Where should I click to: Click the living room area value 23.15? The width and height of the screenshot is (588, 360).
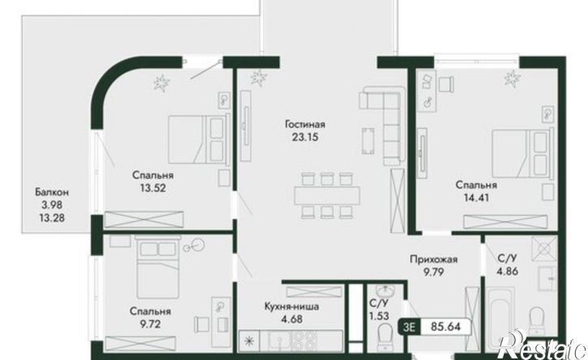(305, 137)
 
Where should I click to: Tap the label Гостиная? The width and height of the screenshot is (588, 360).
(305, 125)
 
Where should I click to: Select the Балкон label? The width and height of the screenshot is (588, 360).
(52, 192)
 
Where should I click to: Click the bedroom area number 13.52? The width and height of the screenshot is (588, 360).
(152, 188)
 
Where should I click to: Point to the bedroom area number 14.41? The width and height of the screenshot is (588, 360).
(476, 198)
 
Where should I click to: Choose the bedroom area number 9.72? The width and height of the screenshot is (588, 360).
(150, 324)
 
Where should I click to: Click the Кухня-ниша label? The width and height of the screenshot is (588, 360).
(292, 306)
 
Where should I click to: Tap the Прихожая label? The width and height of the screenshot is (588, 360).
(434, 259)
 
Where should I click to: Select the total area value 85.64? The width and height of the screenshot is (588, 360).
(445, 327)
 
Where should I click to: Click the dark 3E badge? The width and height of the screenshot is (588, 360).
(410, 327)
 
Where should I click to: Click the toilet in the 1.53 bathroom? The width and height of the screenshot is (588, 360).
(384, 336)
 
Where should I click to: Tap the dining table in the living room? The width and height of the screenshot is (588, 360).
(327, 195)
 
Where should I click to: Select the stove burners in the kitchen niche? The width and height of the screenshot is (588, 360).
(304, 341)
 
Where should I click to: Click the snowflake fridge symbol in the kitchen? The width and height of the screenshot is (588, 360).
(248, 341)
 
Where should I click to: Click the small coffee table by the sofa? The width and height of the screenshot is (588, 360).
(368, 140)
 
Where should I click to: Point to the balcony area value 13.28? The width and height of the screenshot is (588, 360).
(52, 217)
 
